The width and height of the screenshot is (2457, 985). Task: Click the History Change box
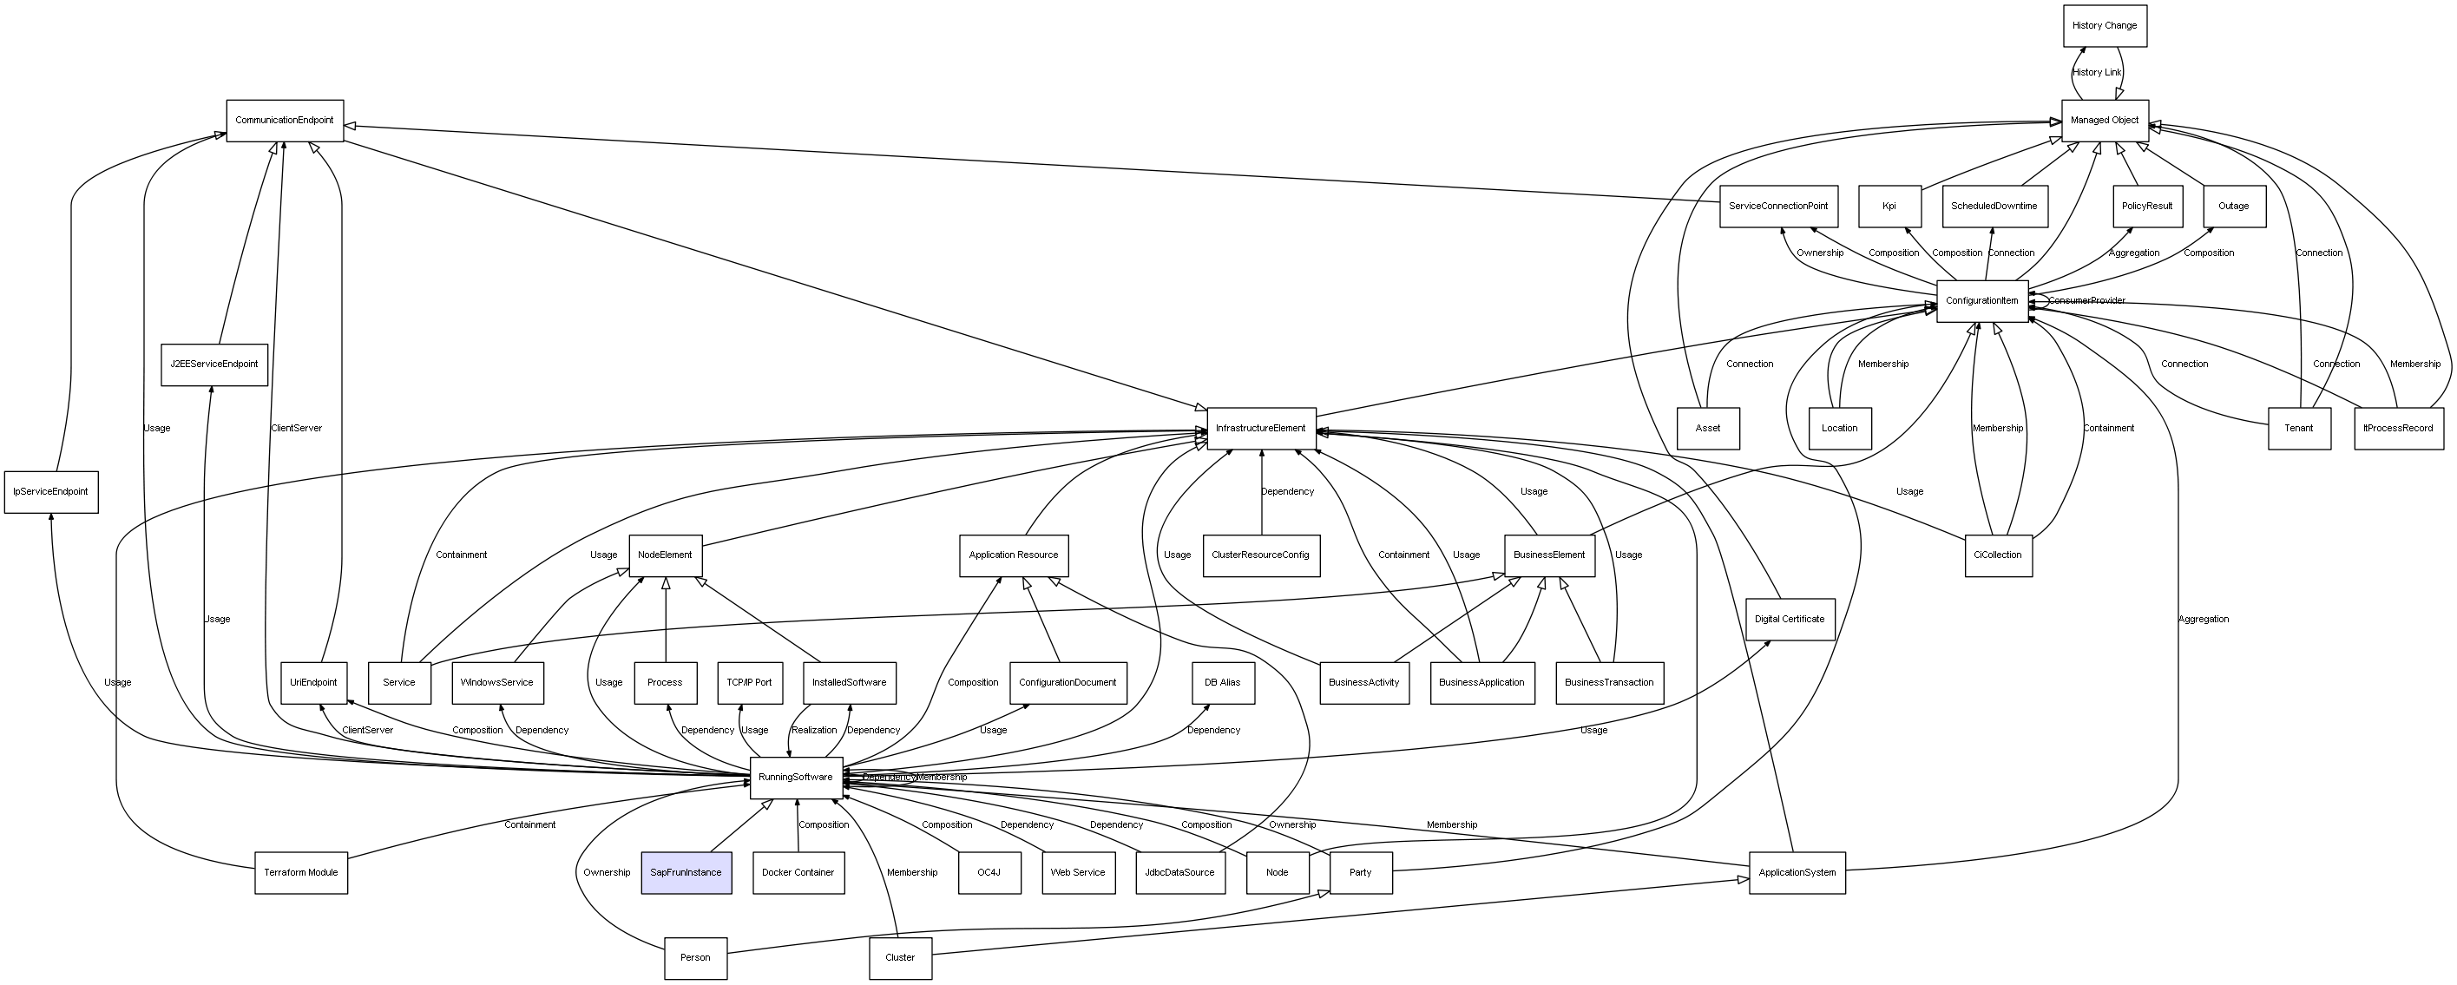point(2104,26)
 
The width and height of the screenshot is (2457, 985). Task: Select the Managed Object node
point(2104,120)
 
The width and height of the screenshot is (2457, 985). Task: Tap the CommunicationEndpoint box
point(284,120)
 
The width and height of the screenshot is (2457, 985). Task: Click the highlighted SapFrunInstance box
point(686,872)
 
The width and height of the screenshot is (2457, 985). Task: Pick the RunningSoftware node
point(796,777)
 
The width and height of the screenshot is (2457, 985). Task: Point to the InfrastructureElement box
point(1260,428)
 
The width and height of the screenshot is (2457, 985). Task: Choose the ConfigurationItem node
point(1981,301)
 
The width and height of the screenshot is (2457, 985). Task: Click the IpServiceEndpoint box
point(50,492)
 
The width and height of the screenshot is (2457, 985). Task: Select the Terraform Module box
point(300,872)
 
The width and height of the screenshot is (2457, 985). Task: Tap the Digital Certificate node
point(1790,619)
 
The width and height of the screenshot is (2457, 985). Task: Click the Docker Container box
point(798,872)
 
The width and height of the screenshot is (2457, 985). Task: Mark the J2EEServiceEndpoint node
point(214,364)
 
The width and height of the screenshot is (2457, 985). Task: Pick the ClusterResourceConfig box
point(1260,555)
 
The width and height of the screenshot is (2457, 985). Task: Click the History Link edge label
point(2097,73)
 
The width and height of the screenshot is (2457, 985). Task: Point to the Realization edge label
point(813,731)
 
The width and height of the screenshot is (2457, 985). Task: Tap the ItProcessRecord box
point(2398,428)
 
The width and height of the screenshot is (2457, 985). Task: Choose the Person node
point(694,957)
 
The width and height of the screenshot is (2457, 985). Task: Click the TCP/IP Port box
point(749,683)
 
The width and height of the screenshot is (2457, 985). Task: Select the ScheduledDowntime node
point(1994,206)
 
